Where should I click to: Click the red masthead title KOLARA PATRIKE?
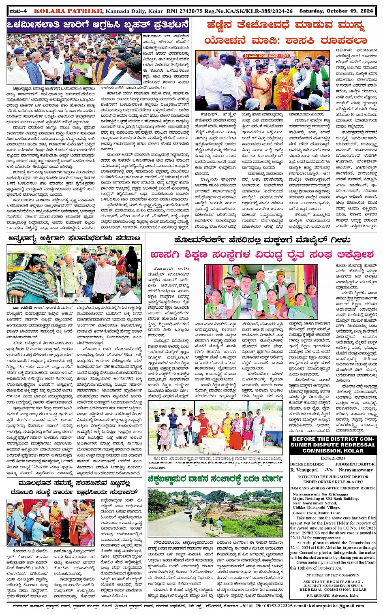click(68, 11)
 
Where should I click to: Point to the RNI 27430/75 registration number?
click(183, 11)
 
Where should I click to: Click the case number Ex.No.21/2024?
click(333, 458)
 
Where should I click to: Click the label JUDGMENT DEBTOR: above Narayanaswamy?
click(355, 464)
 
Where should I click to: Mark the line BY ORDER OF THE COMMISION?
click(333, 575)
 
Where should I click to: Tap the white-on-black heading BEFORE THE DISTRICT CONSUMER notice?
click(333, 445)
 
